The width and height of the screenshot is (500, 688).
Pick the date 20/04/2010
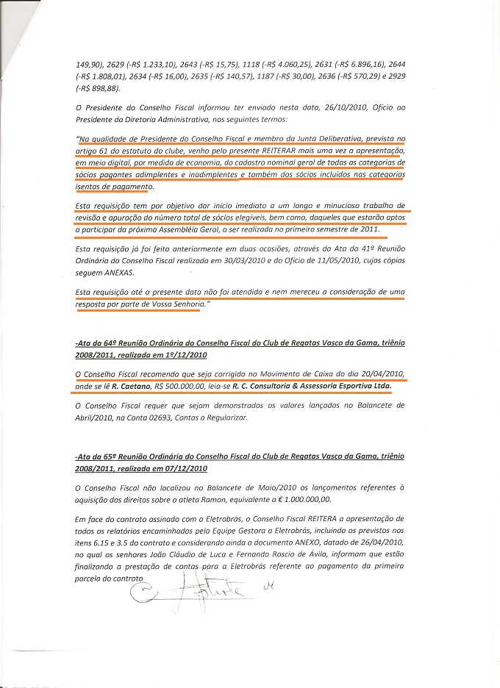click(x=379, y=372)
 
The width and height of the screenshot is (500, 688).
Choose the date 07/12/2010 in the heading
click(x=185, y=467)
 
